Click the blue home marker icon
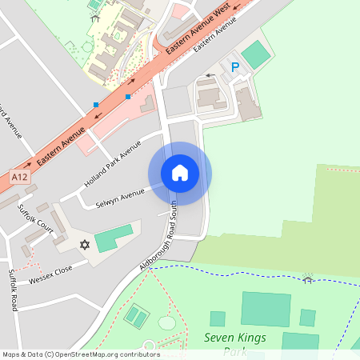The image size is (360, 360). point(180,173)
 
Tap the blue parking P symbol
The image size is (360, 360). point(234,68)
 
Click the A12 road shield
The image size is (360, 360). point(21,175)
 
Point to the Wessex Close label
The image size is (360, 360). point(50,274)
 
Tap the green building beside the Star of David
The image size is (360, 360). point(113,238)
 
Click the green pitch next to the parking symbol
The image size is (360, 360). point(255,54)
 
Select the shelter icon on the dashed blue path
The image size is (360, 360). point(306,278)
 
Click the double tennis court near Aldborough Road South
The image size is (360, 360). point(137,317)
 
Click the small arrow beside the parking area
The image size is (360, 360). point(210,76)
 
